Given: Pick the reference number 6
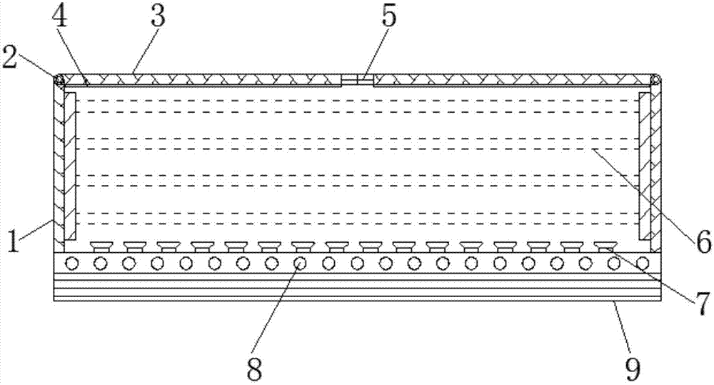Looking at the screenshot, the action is tap(701, 241).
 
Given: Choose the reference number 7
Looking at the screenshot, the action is tap(702, 303).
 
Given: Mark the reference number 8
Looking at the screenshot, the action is tap(254, 369).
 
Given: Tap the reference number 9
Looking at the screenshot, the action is tap(633, 369).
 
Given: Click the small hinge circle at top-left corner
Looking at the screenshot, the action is tap(59, 80).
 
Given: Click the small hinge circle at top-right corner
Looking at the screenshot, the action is tap(655, 80).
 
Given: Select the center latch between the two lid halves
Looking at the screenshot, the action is tap(357, 80).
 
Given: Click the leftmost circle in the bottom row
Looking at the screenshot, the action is tap(71, 263).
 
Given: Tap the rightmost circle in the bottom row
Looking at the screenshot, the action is tap(643, 263).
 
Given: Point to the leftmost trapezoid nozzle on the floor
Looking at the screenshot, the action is tap(101, 247).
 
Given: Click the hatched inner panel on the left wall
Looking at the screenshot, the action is tap(70, 166).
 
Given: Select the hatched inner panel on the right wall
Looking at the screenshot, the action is tap(645, 166).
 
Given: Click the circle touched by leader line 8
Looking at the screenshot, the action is tap(299, 263).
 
